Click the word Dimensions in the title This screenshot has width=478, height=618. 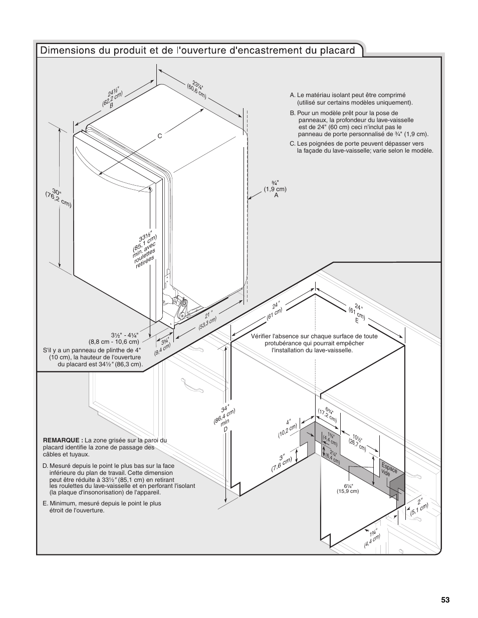click(66, 51)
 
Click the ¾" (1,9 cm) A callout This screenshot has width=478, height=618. click(275, 189)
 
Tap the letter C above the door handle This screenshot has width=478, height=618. click(160, 136)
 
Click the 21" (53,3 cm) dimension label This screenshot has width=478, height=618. click(207, 321)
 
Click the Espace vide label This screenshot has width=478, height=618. click(389, 469)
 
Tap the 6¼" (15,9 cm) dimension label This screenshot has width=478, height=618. click(348, 488)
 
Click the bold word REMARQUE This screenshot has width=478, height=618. click(63, 440)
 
